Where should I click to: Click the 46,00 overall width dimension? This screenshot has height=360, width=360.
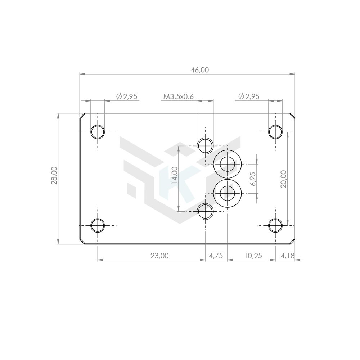[x=200, y=70]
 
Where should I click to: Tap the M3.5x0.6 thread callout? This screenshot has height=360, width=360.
[x=179, y=96]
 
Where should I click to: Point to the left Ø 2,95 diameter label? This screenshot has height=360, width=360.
[x=127, y=96]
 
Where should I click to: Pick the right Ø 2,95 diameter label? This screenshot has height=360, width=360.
[x=249, y=96]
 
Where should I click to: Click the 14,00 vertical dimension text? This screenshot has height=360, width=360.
[x=175, y=175]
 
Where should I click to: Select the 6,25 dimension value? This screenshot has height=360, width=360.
[x=253, y=179]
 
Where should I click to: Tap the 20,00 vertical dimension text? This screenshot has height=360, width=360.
[x=284, y=179]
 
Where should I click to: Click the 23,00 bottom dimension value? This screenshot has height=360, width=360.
[x=159, y=256]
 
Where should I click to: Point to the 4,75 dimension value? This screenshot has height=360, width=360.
[x=216, y=256]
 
